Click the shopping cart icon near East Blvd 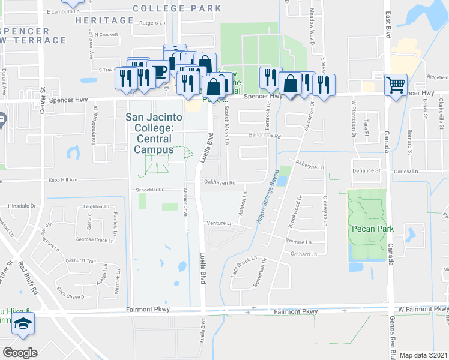(396, 85)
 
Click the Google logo (19, 353)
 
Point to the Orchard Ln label (303, 254)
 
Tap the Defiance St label (366, 170)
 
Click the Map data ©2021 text (423, 355)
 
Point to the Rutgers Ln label (152, 24)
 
